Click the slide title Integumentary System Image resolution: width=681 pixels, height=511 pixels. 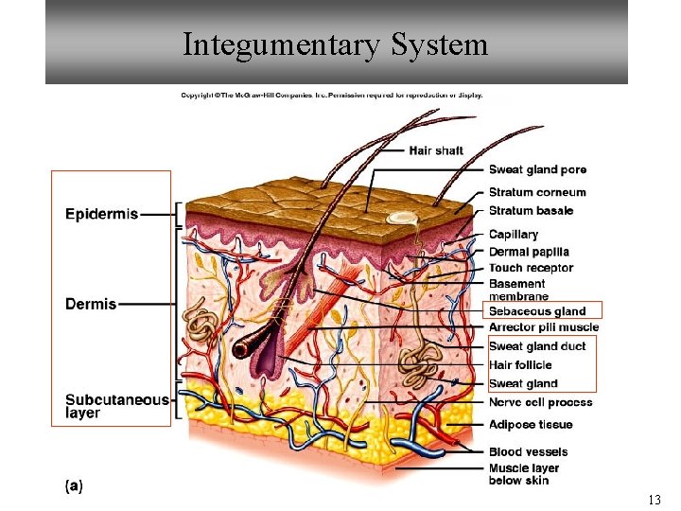[336, 44]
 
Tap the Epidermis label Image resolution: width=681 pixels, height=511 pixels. [101, 214]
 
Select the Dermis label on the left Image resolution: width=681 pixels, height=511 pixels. [91, 304]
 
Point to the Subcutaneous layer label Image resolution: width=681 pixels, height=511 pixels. [116, 406]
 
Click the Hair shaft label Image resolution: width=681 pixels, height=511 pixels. [436, 150]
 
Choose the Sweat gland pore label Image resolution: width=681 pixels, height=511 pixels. [537, 170]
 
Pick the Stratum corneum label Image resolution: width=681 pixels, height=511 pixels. [537, 193]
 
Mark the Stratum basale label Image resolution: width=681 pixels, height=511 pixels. [531, 210]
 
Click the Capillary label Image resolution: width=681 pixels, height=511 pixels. [514, 234]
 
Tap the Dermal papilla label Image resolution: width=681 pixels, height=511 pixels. [529, 252]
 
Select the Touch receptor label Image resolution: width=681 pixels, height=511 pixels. [531, 268]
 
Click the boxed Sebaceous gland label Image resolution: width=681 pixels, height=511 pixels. [537, 311]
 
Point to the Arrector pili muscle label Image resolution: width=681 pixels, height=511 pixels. [544, 327]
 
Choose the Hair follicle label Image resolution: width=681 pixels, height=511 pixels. [520, 365]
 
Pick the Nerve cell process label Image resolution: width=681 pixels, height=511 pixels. [541, 402]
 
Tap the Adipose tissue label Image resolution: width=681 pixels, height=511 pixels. [531, 425]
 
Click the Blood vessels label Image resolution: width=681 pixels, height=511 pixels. [528, 452]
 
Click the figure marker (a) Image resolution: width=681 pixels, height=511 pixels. [74, 486]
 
